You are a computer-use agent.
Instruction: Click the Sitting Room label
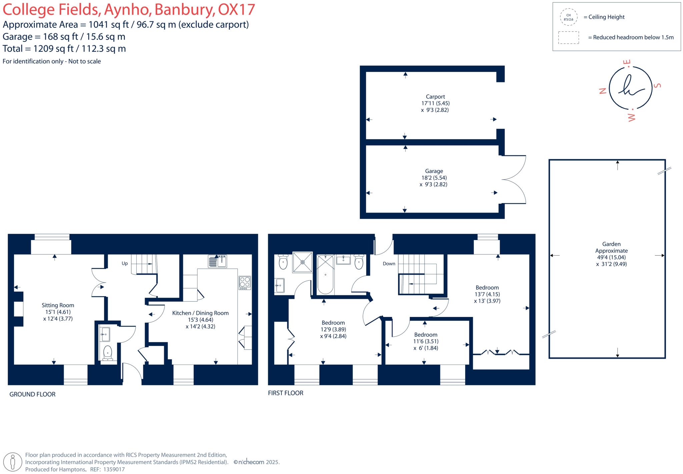(x=58, y=305)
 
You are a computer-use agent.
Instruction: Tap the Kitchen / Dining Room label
(x=200, y=313)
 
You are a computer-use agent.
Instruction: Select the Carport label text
(x=435, y=97)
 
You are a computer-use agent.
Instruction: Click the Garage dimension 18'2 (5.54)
(x=434, y=178)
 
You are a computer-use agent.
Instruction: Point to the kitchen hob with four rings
(x=245, y=283)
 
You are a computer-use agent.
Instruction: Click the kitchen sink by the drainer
(x=222, y=261)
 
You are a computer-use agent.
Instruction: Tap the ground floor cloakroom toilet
(x=108, y=353)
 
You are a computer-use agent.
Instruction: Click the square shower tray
(x=302, y=262)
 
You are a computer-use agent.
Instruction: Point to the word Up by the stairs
(x=125, y=263)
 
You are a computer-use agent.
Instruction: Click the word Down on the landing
(x=389, y=264)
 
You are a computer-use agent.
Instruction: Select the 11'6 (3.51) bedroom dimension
(x=426, y=341)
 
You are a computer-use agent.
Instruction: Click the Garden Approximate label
(x=611, y=247)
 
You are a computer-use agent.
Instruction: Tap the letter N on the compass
(x=602, y=91)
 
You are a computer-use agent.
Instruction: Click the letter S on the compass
(x=658, y=85)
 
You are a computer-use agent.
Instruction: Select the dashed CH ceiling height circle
(x=568, y=17)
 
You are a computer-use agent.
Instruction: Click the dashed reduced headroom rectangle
(x=569, y=37)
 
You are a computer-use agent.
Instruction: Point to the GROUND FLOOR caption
(x=32, y=394)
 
